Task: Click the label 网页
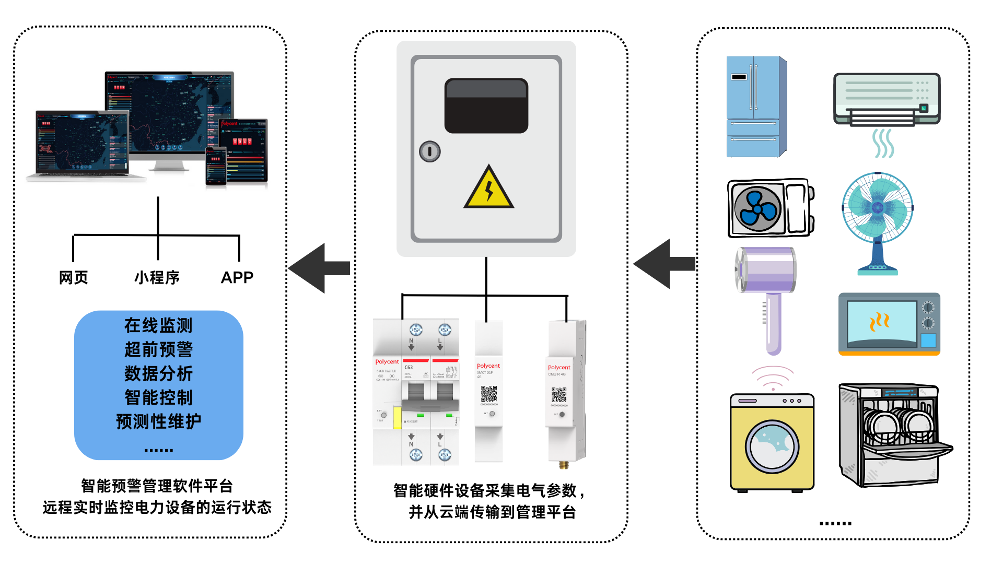[x=73, y=277]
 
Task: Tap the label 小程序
[x=157, y=277]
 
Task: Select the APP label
[x=237, y=277]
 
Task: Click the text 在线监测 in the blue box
[x=158, y=325]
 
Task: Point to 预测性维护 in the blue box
[x=158, y=421]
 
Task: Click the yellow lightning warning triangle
[x=488, y=189]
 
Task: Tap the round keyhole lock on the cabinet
[x=429, y=151]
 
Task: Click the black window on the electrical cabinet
[x=486, y=106]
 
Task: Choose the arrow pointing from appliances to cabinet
[x=664, y=264]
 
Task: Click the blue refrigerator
[x=755, y=107]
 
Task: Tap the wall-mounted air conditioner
[x=887, y=99]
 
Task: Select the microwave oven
[x=889, y=324]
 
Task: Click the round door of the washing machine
[x=772, y=446]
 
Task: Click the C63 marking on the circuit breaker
[x=409, y=368]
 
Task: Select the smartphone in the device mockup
[x=216, y=166]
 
